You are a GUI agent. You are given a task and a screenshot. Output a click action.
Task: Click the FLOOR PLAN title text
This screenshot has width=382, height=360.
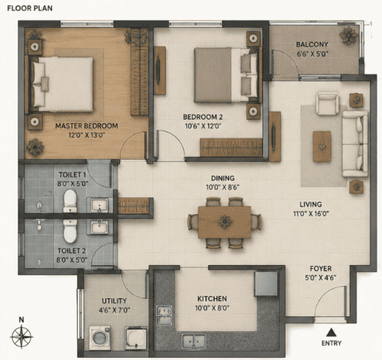pyautogui.click(x=30, y=8)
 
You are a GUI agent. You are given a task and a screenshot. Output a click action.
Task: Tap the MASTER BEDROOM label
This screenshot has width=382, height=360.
pyautogui.click(x=86, y=126)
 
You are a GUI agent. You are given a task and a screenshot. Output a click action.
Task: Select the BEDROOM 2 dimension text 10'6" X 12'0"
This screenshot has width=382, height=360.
pyautogui.click(x=202, y=126)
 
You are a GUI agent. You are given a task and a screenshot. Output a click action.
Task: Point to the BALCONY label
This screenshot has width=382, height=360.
pyautogui.click(x=312, y=44)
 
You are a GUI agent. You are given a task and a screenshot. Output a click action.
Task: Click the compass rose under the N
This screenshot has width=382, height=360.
pyautogui.click(x=21, y=336)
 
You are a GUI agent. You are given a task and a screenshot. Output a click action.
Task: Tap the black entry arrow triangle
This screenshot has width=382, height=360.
pyautogui.click(x=331, y=332)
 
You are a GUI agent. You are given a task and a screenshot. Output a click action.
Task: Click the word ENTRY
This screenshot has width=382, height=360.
pyautogui.click(x=332, y=343)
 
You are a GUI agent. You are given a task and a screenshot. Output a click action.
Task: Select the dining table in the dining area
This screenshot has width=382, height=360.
pyautogui.click(x=225, y=222)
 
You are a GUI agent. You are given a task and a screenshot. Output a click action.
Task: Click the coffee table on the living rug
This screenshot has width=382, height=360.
pyautogui.click(x=322, y=147)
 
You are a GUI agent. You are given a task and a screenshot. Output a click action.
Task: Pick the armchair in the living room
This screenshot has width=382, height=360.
pyautogui.click(x=327, y=103)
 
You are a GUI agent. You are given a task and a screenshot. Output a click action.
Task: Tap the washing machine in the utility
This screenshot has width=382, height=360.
pyautogui.click(x=99, y=337)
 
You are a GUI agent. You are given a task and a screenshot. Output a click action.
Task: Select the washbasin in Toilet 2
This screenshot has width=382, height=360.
pyautogui.click(x=99, y=227)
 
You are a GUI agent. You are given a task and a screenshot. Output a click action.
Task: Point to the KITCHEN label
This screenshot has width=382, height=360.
pyautogui.click(x=212, y=299)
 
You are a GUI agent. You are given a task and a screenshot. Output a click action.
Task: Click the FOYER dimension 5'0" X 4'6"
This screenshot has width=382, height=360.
pyautogui.click(x=321, y=277)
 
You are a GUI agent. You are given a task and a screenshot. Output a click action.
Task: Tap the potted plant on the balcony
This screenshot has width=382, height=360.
pyautogui.click(x=348, y=35)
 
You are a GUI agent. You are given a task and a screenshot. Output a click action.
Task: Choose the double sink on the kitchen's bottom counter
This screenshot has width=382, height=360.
pyautogui.click(x=194, y=341)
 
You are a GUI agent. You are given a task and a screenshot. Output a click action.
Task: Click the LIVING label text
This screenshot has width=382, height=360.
pyautogui.click(x=310, y=204)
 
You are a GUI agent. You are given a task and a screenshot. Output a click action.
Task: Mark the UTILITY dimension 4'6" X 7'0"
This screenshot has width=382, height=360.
pyautogui.click(x=115, y=310)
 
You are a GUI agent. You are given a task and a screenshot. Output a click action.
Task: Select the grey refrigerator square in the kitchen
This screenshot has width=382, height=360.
pyautogui.click(x=266, y=284)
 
